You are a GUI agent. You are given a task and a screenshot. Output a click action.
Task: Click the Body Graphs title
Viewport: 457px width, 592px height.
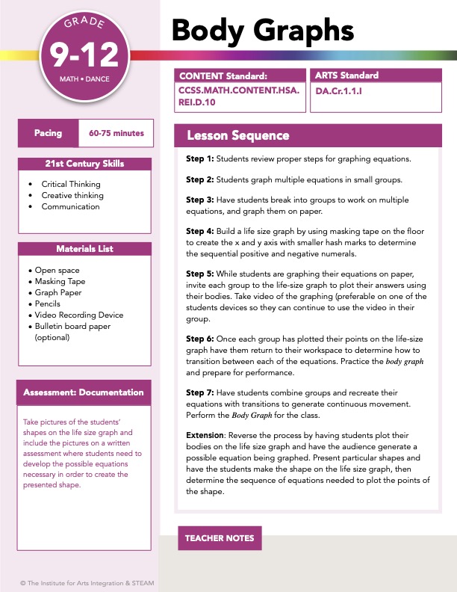coord(262,30)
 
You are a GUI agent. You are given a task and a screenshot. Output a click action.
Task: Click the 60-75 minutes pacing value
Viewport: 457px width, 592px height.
coord(116,133)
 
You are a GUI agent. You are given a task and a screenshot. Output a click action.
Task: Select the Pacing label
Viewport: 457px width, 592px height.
coord(48,133)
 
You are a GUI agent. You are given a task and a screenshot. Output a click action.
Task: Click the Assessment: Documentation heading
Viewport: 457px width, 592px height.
coord(83,392)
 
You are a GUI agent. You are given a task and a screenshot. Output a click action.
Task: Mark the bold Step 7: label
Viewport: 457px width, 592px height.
coord(199,392)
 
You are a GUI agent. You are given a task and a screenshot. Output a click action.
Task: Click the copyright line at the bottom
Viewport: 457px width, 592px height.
coord(87,583)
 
